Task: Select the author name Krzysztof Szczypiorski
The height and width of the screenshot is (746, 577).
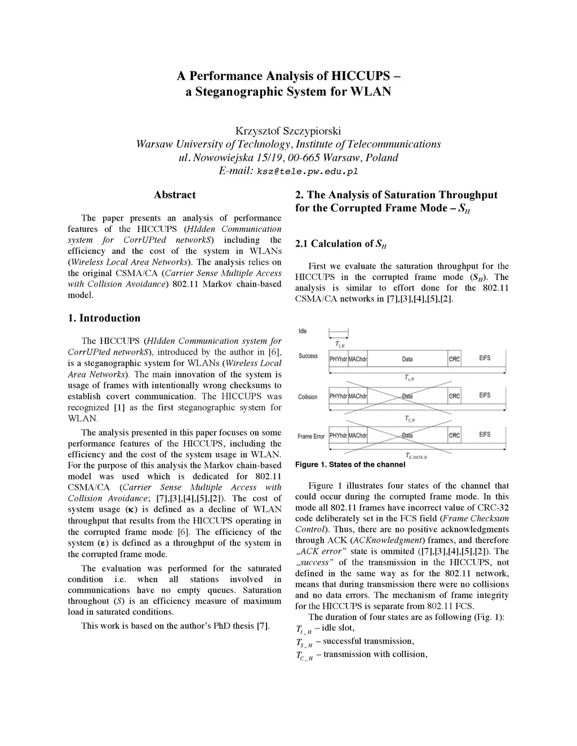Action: pos(288,131)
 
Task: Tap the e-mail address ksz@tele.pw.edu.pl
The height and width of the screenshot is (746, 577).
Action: pos(308,171)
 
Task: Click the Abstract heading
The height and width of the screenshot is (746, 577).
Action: pos(175,195)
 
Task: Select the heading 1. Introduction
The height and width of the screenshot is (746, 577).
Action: pos(104,318)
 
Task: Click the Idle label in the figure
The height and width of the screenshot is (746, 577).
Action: pos(303,331)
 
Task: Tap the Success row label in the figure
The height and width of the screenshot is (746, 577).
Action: pos(308,356)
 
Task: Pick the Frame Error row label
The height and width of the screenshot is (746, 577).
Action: pos(312,436)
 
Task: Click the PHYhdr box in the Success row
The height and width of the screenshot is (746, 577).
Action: pos(338,359)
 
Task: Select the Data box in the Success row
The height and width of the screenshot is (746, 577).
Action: pos(407,359)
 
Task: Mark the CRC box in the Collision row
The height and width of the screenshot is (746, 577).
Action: pos(454,396)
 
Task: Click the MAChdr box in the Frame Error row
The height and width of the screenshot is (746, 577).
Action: pos(358,435)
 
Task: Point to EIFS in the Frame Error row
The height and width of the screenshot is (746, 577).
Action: pos(485,435)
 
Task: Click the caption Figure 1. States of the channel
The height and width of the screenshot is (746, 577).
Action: pos(350,464)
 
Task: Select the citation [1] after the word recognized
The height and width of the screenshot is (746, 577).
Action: pos(119,407)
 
